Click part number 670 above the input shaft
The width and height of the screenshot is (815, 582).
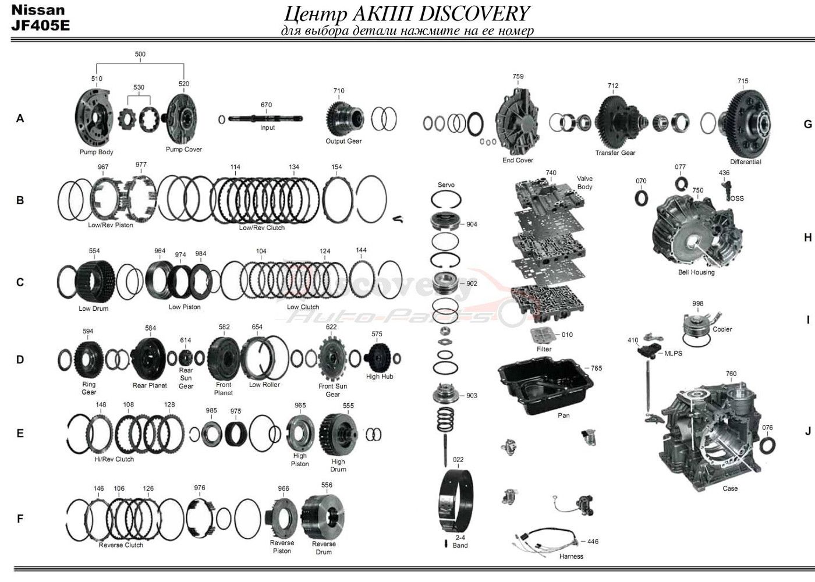coord(266,105)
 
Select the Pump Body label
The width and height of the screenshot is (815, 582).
coord(96,152)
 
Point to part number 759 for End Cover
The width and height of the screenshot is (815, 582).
coord(518,76)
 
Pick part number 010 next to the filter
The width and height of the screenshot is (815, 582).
coord(567,335)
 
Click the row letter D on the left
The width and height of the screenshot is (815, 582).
coord(20,360)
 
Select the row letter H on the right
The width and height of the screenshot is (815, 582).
coord(807,237)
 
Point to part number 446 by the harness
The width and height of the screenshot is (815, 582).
coord(593,541)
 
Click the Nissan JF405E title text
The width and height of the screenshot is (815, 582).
coord(40,18)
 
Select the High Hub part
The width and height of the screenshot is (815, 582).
coord(380,356)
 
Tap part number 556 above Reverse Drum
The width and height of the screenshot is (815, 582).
coord(327,485)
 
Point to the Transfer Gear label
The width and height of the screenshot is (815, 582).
coord(615,152)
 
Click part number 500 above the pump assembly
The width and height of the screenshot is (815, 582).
coord(140,54)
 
